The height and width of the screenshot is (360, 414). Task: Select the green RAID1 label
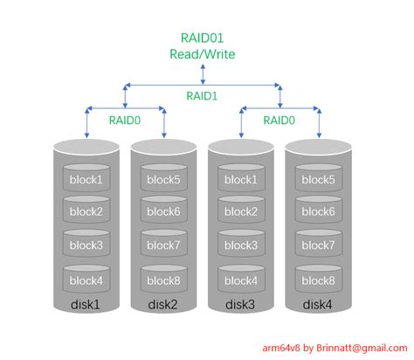tap(203, 97)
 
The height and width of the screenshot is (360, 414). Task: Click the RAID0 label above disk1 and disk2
tap(126, 121)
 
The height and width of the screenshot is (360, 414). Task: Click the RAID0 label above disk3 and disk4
tap(279, 121)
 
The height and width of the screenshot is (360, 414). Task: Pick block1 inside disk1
tap(87, 180)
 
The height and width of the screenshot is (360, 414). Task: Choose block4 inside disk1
tap(87, 280)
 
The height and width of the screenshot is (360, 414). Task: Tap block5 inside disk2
tap(164, 180)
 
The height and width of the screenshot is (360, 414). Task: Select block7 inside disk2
tap(164, 246)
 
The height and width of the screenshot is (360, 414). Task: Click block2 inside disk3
tap(241, 213)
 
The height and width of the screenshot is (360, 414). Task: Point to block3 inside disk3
tap(241, 246)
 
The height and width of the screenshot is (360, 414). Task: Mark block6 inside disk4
tap(318, 213)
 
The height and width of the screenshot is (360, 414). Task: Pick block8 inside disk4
tap(318, 280)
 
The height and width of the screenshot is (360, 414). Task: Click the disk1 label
tap(87, 304)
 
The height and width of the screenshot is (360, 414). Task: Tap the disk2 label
tap(164, 304)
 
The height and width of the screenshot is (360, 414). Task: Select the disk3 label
tap(241, 304)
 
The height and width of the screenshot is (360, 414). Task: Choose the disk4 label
tap(318, 304)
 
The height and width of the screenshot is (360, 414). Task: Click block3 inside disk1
tap(87, 246)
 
